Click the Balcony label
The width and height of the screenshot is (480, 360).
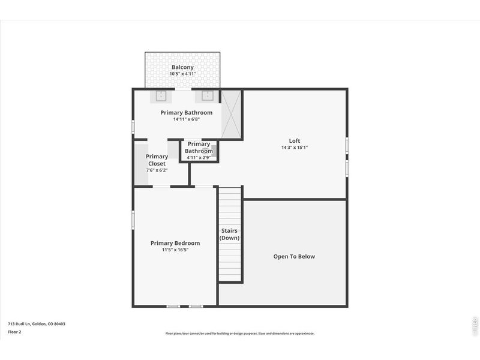point(182,67)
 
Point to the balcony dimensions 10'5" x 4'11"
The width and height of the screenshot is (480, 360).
point(182,74)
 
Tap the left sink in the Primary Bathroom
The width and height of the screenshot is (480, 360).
point(161,96)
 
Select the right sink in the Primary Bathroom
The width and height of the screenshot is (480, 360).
point(208,96)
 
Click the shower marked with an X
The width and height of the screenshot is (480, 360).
point(231,114)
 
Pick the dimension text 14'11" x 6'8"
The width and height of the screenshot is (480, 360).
point(186,119)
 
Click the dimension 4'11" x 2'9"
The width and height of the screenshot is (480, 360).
point(199,158)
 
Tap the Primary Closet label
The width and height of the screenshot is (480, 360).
point(157,160)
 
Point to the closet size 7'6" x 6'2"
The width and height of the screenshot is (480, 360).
point(157,170)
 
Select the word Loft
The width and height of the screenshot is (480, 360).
point(294,141)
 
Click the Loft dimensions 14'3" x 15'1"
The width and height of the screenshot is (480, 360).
point(294,148)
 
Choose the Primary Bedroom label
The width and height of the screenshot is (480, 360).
point(175,243)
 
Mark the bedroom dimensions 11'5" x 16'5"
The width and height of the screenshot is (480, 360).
point(175,250)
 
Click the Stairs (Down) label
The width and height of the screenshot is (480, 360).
point(229,234)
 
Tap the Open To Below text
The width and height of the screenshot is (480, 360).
point(294,256)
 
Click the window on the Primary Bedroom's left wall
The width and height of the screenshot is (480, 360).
point(133,220)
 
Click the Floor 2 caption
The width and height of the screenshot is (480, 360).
point(14,331)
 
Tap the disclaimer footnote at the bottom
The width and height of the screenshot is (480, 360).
point(239,334)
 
